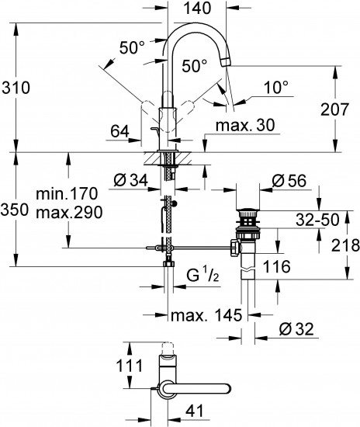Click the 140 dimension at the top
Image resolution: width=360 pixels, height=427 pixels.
[x=198, y=9]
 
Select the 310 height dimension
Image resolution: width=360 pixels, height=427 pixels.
[x=16, y=88]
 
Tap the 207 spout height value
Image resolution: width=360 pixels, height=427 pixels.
[x=334, y=109]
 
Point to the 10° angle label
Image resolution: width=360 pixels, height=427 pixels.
[x=275, y=88]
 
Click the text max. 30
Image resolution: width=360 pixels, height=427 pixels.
[x=245, y=125]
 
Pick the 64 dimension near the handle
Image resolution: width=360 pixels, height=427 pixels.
[x=119, y=132]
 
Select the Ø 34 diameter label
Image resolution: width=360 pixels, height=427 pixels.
[x=131, y=180]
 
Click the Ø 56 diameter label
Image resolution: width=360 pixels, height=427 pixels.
[x=289, y=181]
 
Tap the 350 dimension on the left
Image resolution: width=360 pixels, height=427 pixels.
[x=15, y=210]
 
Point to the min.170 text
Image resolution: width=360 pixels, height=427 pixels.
[x=67, y=193]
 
